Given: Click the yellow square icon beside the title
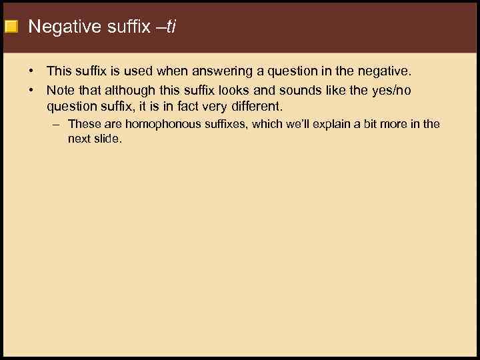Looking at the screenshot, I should click(11, 27).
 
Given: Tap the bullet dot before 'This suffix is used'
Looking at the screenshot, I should click(31, 71).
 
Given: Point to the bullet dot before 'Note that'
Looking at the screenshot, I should click(31, 89).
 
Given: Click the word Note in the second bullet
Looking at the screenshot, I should click(59, 89).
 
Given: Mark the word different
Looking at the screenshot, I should click(256, 106).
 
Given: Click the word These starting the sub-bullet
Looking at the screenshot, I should click(83, 124).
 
